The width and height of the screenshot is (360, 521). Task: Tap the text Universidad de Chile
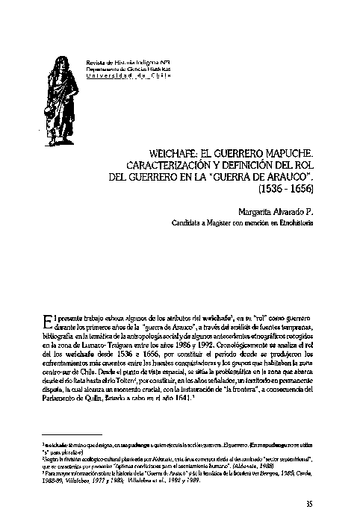129,75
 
